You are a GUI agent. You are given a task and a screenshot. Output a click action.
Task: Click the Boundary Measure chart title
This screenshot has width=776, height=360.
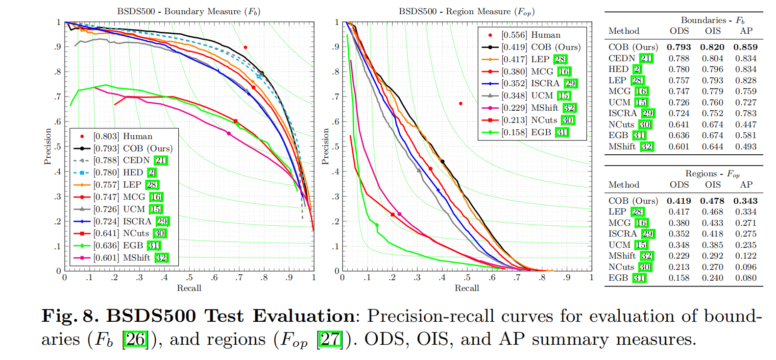point(189,11)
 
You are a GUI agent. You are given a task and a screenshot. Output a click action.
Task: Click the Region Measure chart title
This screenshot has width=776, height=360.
point(466,11)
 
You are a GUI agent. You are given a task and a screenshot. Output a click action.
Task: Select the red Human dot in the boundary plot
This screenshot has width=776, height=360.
point(245,48)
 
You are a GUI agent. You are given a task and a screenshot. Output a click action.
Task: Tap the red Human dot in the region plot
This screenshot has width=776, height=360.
point(461,103)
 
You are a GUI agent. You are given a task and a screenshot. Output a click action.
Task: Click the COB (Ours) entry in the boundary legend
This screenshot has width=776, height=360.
point(132,148)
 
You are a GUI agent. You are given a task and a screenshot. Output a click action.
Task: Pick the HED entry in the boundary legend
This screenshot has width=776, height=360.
point(124,172)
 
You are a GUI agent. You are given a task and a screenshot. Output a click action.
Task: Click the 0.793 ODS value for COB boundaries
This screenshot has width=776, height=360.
point(679,48)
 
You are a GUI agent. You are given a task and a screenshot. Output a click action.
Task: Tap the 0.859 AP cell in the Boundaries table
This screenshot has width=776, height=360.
point(746,48)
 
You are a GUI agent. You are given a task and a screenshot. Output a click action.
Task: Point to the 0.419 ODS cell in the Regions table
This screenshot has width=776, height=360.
point(679,201)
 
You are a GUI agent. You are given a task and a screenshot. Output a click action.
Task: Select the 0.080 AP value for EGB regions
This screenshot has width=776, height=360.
point(746,278)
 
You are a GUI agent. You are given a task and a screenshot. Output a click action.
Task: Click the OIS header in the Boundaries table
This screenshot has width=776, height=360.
point(713,31)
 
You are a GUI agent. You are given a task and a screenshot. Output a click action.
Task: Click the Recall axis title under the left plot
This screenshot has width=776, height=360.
point(189,288)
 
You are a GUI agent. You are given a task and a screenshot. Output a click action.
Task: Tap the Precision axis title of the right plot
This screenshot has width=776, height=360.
point(325,146)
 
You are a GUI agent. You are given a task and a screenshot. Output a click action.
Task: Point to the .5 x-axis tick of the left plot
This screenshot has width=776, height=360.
point(189,278)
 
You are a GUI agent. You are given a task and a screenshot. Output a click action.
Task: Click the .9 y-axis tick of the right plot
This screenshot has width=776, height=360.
point(335,47)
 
